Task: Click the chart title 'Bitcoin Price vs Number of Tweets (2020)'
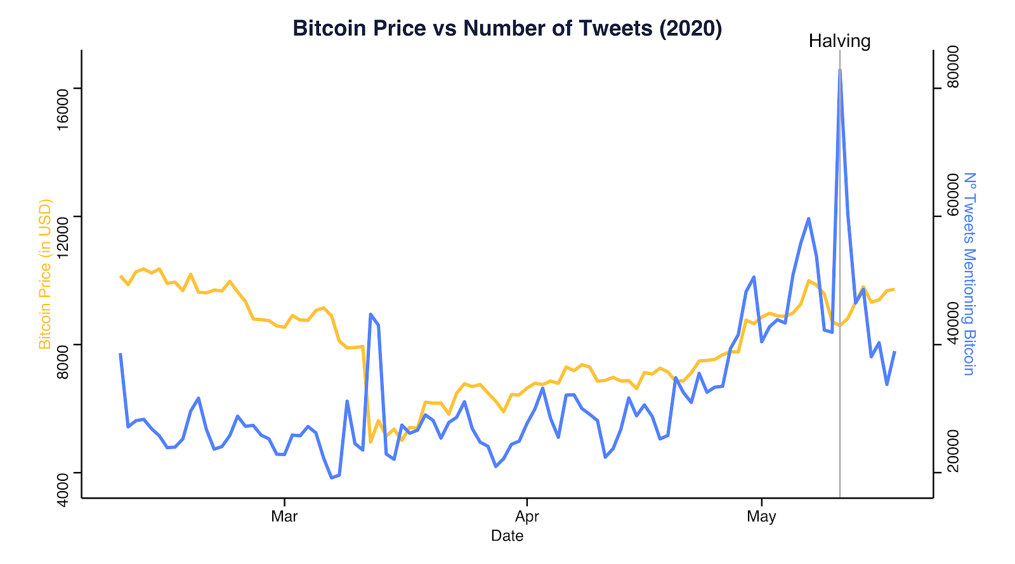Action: (507, 28)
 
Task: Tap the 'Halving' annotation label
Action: (840, 41)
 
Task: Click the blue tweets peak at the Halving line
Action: (840, 70)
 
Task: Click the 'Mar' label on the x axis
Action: (284, 516)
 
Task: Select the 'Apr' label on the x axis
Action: (527, 516)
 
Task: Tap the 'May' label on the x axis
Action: (762, 516)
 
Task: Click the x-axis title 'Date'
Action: (507, 536)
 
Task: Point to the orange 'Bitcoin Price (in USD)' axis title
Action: (45, 274)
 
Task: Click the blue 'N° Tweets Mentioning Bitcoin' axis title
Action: (969, 274)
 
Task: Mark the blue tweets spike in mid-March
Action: (370, 314)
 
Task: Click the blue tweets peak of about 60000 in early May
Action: (808, 219)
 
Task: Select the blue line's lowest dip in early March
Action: (332, 478)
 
